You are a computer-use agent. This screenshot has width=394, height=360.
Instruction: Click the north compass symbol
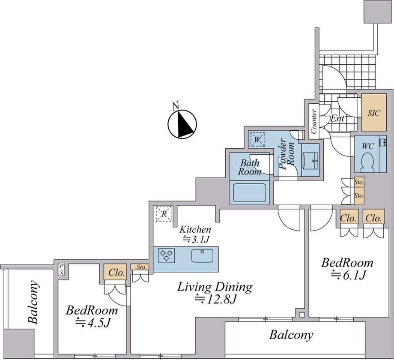[x=182, y=124]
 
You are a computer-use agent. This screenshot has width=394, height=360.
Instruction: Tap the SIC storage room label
[x=374, y=114]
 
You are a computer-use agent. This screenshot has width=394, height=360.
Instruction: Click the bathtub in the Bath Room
[x=250, y=193]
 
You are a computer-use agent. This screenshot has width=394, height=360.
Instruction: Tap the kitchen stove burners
[x=167, y=255]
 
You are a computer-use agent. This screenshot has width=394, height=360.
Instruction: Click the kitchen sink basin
[x=202, y=255]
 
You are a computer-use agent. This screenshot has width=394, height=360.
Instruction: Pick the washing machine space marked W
[x=257, y=139]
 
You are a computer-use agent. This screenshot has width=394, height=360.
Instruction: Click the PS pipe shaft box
[x=62, y=270]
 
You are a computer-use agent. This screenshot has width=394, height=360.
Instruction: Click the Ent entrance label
[x=337, y=118]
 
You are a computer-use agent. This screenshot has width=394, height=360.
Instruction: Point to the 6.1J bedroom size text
[x=348, y=276]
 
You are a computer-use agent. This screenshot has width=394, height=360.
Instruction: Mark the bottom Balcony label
[x=291, y=335]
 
